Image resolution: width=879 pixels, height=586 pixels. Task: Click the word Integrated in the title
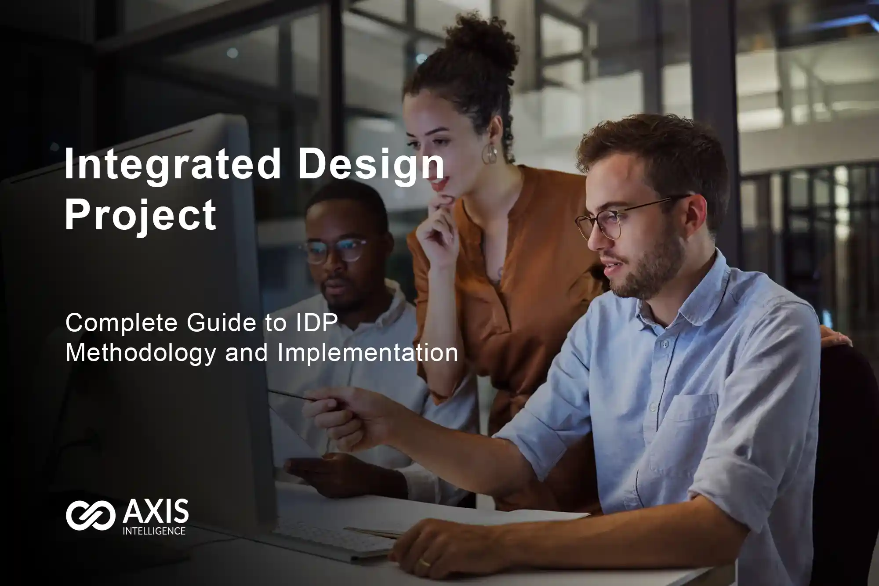pyautogui.click(x=173, y=163)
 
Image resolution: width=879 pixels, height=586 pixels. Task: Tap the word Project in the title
pyautogui.click(x=141, y=215)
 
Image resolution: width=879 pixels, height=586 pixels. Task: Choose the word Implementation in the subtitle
pyautogui.click(x=367, y=353)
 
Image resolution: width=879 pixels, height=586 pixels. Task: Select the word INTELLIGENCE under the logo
pyautogui.click(x=154, y=531)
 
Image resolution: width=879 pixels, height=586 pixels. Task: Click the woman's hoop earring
pyautogui.click(x=489, y=153)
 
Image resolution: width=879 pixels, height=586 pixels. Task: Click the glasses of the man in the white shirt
pyautogui.click(x=334, y=250)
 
